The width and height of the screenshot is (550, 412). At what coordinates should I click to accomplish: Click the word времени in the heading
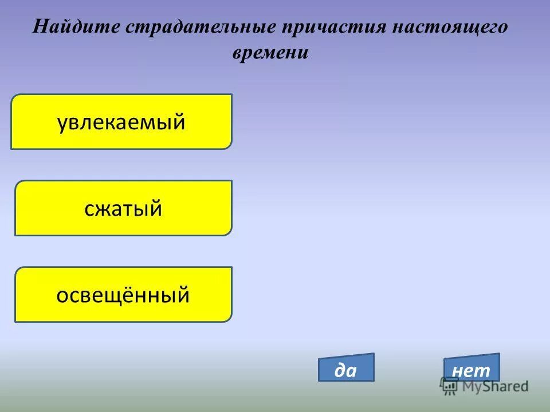[x=270, y=53]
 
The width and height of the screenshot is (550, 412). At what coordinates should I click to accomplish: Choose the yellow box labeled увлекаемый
[x=121, y=121]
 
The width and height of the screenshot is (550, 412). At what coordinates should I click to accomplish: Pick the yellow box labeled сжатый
[x=123, y=208]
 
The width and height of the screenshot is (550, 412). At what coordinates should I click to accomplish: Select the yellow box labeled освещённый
[x=123, y=294]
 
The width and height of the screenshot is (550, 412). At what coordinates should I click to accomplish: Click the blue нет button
[x=472, y=368]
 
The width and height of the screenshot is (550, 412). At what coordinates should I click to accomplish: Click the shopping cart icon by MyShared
[x=450, y=386]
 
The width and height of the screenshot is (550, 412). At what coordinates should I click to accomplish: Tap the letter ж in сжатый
[x=106, y=209]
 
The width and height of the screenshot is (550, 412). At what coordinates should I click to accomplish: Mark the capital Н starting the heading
[x=40, y=27]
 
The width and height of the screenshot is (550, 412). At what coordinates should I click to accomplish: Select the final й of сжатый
[x=155, y=208]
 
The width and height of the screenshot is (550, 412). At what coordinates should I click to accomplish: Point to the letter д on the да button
[x=340, y=371]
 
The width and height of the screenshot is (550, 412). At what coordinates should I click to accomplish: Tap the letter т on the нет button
[x=484, y=371]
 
